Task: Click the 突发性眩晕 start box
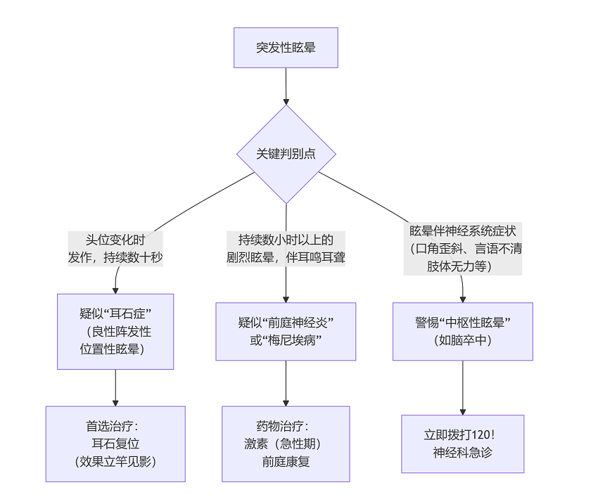pyautogui.click(x=286, y=48)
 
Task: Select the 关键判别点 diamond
pyautogui.click(x=286, y=155)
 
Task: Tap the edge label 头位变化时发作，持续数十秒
pyautogui.click(x=115, y=248)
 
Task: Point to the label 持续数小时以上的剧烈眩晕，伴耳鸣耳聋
pyautogui.click(x=286, y=248)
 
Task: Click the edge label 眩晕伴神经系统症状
pyautogui.click(x=462, y=249)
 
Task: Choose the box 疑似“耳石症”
pyautogui.click(x=115, y=331)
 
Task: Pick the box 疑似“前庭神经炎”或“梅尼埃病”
pyautogui.click(x=286, y=331)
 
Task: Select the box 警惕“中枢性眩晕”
pyautogui.click(x=462, y=331)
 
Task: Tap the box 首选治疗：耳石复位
pyautogui.click(x=115, y=444)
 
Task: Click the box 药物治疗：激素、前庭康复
pyautogui.click(x=286, y=444)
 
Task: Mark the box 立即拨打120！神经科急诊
pyautogui.click(x=462, y=444)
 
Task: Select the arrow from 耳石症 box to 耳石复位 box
pyautogui.click(x=115, y=387)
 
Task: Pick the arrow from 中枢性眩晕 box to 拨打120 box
pyautogui.click(x=462, y=387)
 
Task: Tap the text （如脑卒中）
pyautogui.click(x=462, y=340)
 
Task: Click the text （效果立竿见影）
pyautogui.click(x=115, y=462)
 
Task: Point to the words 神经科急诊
pyautogui.click(x=462, y=453)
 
